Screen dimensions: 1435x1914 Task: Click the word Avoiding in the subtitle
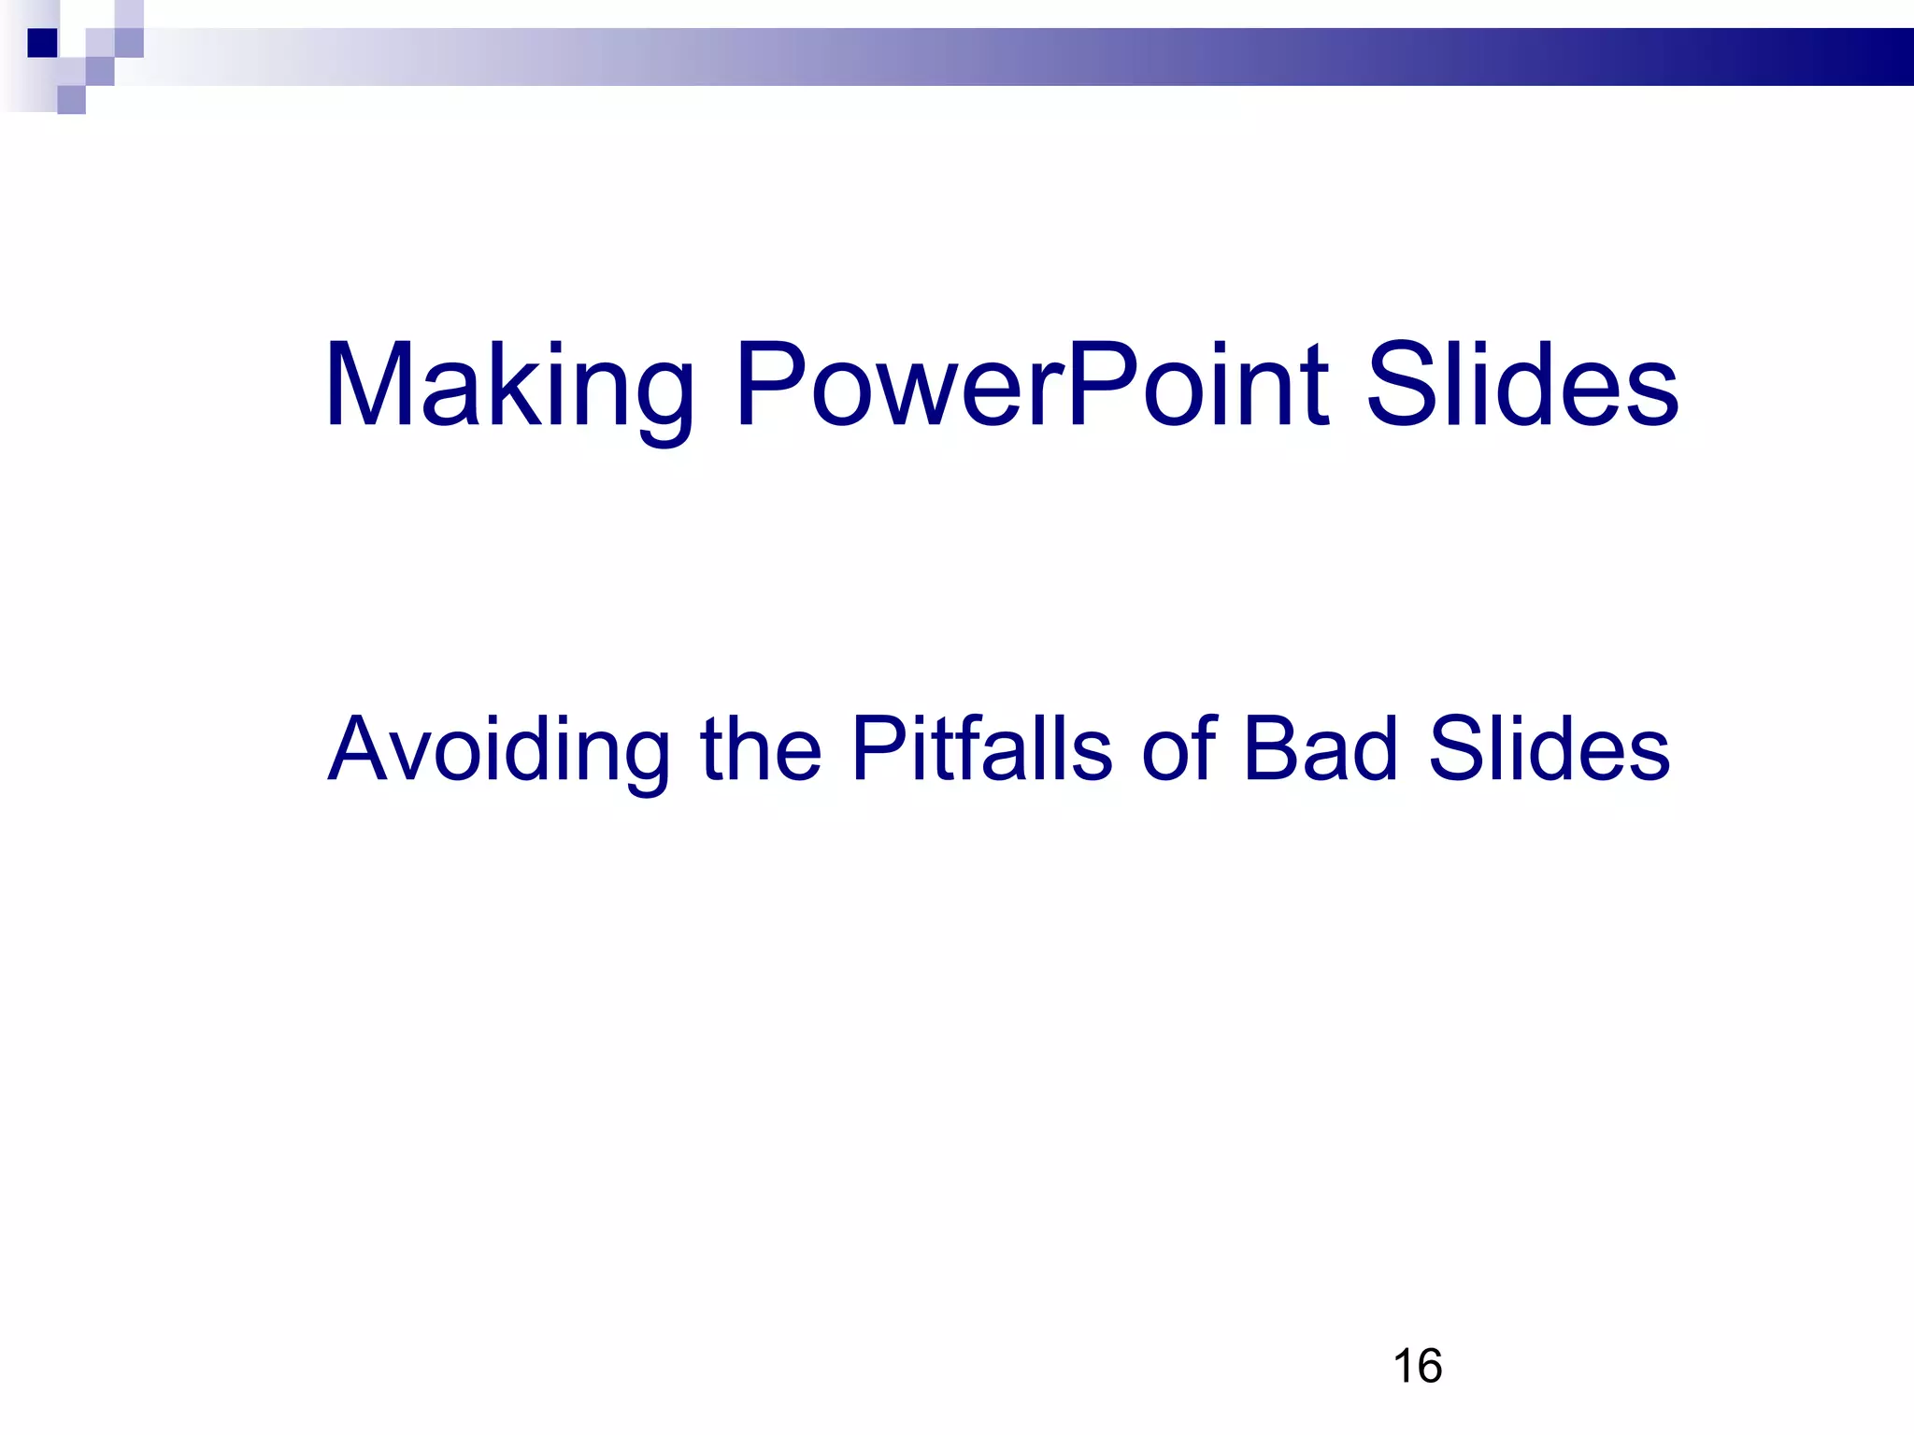[499, 749]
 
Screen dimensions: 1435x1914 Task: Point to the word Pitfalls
[982, 749]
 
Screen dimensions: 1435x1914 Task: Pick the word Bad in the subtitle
[1321, 749]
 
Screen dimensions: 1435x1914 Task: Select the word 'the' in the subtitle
[761, 749]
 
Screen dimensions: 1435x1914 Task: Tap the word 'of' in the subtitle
[1180, 749]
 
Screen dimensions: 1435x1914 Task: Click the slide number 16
[1417, 1366]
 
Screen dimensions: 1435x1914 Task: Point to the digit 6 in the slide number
[1429, 1366]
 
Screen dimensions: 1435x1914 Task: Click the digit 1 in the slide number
[1403, 1366]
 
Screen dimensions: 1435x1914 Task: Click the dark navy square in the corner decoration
[42, 43]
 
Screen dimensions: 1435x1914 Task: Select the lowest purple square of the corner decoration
[71, 100]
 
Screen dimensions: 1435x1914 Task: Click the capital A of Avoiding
[360, 749]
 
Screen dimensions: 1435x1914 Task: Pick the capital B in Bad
[1269, 749]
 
